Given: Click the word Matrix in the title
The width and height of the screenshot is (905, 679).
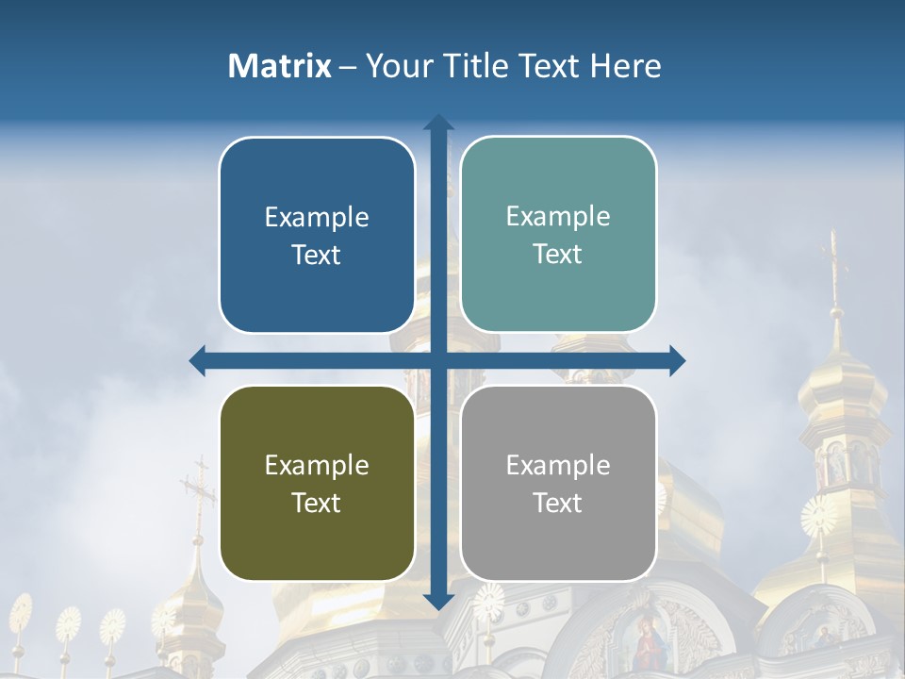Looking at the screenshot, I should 280,66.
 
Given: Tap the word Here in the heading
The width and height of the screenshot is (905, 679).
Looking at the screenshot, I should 625,66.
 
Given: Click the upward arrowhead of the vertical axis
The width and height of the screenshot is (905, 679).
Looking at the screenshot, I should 438,122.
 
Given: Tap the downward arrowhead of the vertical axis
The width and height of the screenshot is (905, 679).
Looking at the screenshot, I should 438,601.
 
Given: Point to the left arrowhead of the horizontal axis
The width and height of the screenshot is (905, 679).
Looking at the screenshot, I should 198,360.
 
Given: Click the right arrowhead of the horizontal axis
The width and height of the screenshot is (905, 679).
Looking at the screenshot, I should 678,360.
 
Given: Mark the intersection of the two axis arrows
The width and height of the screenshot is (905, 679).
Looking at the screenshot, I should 438,360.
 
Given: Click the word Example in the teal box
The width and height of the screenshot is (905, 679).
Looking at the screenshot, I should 558,216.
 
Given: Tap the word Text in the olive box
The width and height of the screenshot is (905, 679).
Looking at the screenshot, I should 316,503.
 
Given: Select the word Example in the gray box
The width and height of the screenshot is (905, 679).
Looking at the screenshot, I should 558,465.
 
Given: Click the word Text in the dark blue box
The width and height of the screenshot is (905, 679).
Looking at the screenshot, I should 316,255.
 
